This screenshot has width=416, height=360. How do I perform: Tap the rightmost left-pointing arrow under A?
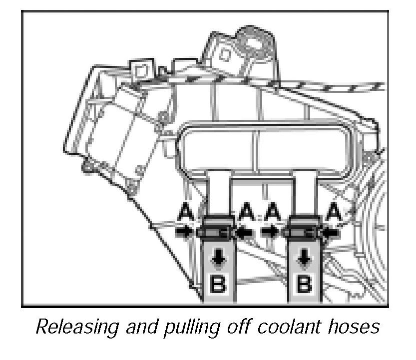330,231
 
